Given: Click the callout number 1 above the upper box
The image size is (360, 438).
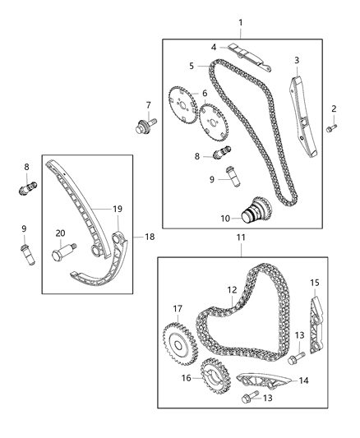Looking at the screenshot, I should click(x=240, y=22).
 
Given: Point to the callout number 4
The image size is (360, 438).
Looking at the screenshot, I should click(x=214, y=48).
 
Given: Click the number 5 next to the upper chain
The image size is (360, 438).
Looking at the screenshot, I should click(x=191, y=66).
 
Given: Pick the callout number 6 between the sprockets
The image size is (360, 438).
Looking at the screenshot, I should click(x=205, y=94).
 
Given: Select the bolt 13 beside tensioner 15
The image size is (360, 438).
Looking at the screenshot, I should click(x=297, y=357).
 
